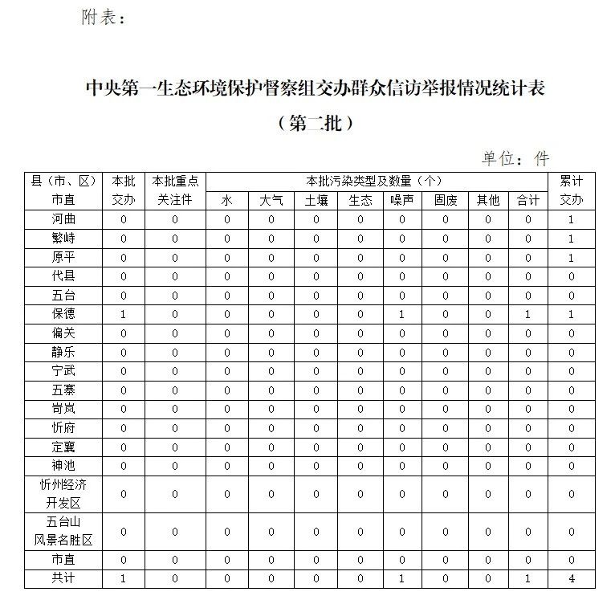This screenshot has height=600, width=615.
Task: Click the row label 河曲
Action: tap(63, 219)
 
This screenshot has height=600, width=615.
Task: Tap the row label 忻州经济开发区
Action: tap(63, 494)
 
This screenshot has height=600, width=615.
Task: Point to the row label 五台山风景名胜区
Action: tap(63, 532)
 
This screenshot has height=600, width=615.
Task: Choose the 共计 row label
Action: tap(63, 578)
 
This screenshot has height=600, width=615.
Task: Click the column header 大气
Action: tap(271, 200)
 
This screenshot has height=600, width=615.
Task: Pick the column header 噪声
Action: tap(402, 200)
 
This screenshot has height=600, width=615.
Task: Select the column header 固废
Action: tap(446, 200)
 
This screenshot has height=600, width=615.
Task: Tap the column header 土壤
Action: tap(316, 200)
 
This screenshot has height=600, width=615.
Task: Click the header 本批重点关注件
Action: tap(175, 190)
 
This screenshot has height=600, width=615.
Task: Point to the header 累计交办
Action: tap(572, 190)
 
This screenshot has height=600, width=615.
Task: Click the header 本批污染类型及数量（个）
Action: tap(375, 181)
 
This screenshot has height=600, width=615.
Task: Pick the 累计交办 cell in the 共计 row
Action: tap(572, 578)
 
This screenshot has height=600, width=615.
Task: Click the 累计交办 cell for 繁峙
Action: tap(572, 239)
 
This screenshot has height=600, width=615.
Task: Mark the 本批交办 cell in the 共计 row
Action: tap(124, 578)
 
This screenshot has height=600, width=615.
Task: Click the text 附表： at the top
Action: tap(104, 17)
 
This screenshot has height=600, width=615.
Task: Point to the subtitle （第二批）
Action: tap(315, 124)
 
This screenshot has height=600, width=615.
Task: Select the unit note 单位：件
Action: tap(515, 158)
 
